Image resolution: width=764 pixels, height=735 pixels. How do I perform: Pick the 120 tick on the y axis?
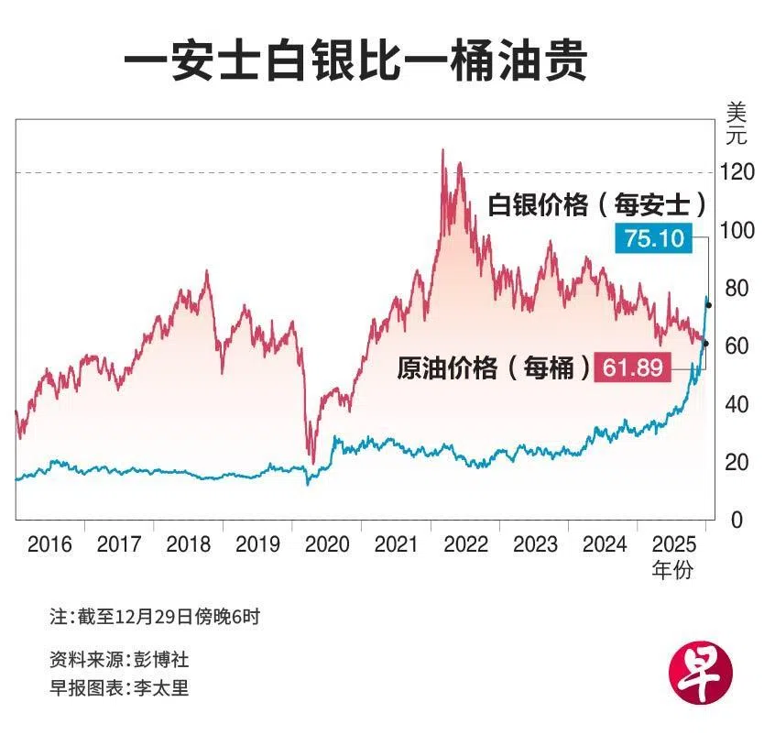point(734,171)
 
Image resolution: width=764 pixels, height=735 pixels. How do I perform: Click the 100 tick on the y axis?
point(734,230)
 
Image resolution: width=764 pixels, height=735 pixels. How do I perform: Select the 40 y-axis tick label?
point(734,404)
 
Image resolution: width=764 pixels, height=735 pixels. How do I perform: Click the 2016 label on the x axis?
point(50,544)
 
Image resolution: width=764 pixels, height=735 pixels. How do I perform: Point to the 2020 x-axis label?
point(327,544)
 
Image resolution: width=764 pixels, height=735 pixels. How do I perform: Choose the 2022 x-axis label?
point(465,544)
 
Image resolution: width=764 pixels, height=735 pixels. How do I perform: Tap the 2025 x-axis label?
point(672,544)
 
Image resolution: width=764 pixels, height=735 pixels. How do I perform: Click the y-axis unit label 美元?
point(736,125)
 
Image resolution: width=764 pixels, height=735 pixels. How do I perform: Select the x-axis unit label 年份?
point(672,570)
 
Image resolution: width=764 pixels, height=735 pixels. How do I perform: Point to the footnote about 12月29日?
point(155,617)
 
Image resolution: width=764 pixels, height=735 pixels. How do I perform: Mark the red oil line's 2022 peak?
point(443,149)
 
